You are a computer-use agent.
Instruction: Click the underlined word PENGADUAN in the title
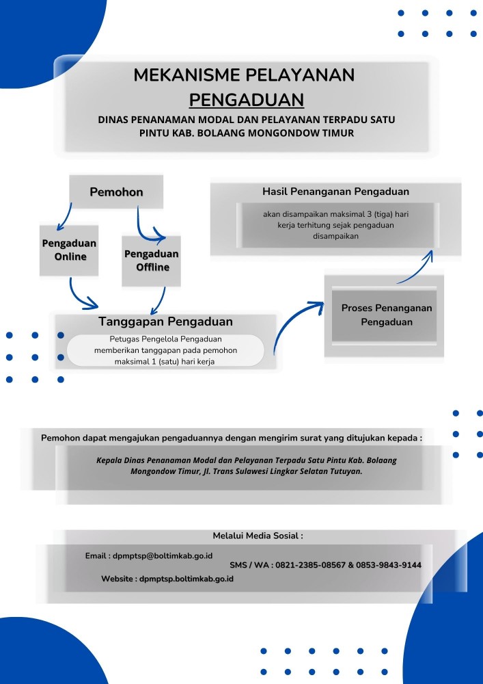(x=247, y=100)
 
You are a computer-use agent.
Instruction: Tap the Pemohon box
(x=116, y=192)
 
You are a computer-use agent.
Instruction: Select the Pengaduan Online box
(x=69, y=250)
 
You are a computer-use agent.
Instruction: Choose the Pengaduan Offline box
(x=151, y=261)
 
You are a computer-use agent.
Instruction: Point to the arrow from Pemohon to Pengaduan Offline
(x=143, y=231)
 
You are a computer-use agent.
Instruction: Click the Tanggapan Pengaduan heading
(x=165, y=321)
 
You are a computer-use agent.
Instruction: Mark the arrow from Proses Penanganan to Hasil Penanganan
(x=419, y=272)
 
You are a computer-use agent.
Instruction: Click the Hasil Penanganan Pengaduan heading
(x=335, y=192)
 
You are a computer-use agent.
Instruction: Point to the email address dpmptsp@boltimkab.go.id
(x=163, y=556)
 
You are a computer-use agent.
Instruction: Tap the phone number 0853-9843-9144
(x=389, y=566)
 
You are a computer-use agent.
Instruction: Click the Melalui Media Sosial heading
(x=258, y=536)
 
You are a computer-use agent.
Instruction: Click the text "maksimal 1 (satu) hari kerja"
(x=165, y=362)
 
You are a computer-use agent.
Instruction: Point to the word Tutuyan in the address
(x=347, y=471)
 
